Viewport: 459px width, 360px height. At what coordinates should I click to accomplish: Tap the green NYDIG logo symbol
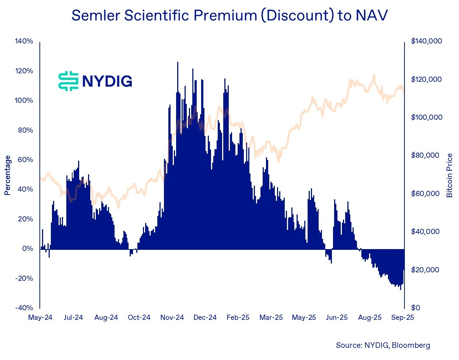click(x=69, y=81)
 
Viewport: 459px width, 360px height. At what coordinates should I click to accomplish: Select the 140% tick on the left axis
click(x=24, y=41)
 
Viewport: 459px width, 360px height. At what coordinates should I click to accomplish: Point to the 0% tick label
click(x=28, y=249)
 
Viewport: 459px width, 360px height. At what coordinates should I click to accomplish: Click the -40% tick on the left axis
click(x=24, y=308)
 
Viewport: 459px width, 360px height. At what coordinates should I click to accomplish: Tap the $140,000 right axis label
click(x=427, y=41)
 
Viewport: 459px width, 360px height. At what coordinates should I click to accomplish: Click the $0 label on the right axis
click(x=416, y=308)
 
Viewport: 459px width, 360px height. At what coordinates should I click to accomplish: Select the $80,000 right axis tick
click(x=425, y=155)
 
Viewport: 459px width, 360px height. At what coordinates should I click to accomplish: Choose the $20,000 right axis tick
click(x=425, y=270)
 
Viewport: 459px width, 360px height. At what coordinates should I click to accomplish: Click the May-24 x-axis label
click(x=40, y=318)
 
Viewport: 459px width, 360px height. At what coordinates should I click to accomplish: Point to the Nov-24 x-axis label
click(x=172, y=318)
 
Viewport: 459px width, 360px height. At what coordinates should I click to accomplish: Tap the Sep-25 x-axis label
click(x=403, y=318)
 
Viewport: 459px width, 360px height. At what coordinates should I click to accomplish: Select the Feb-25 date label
click(x=238, y=318)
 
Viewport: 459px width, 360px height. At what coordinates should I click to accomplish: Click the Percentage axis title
click(x=8, y=175)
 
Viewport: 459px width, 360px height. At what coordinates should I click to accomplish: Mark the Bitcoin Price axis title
click(x=449, y=175)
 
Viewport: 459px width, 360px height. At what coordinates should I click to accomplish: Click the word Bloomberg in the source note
click(x=411, y=345)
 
